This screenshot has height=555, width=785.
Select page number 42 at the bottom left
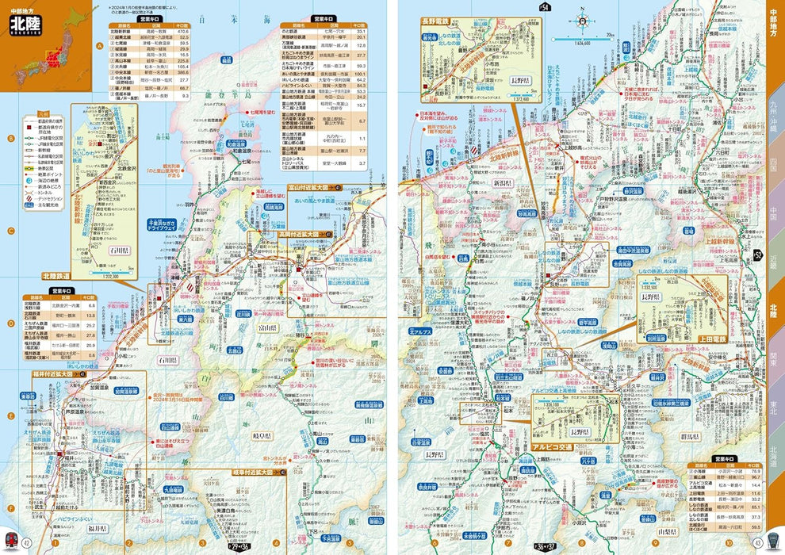[x=26, y=542]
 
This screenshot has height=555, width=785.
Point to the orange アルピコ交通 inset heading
[x=564, y=447]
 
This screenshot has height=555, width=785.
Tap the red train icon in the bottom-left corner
[x=10, y=542]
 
